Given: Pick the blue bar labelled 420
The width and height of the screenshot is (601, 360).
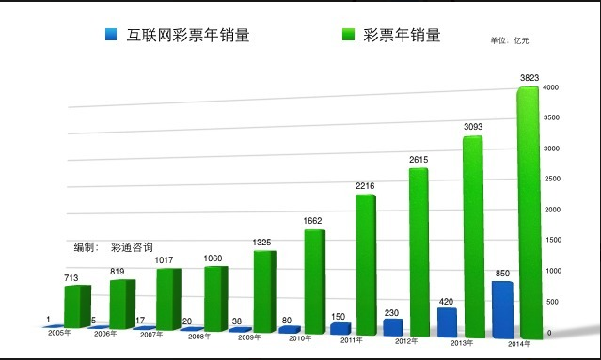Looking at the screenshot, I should pyautogui.click(x=446, y=321).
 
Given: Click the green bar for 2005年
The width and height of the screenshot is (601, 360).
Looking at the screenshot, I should pyautogui.click(x=77, y=305).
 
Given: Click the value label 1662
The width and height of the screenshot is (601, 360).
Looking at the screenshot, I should pyautogui.click(x=313, y=221).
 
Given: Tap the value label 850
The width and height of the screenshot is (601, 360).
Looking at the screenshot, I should pyautogui.click(x=503, y=274).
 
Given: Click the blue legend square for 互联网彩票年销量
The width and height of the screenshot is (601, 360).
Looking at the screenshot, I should pyautogui.click(x=110, y=36).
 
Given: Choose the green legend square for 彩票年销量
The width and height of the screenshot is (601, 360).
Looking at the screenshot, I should pyautogui.click(x=348, y=36).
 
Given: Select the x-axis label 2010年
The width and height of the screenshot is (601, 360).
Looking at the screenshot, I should pyautogui.click(x=300, y=338).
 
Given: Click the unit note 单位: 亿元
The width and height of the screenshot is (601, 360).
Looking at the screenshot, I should pyautogui.click(x=511, y=40).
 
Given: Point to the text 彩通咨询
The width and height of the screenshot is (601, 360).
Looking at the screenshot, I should pyautogui.click(x=132, y=247).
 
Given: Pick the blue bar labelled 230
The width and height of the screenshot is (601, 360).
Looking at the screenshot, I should pyautogui.click(x=392, y=327).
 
